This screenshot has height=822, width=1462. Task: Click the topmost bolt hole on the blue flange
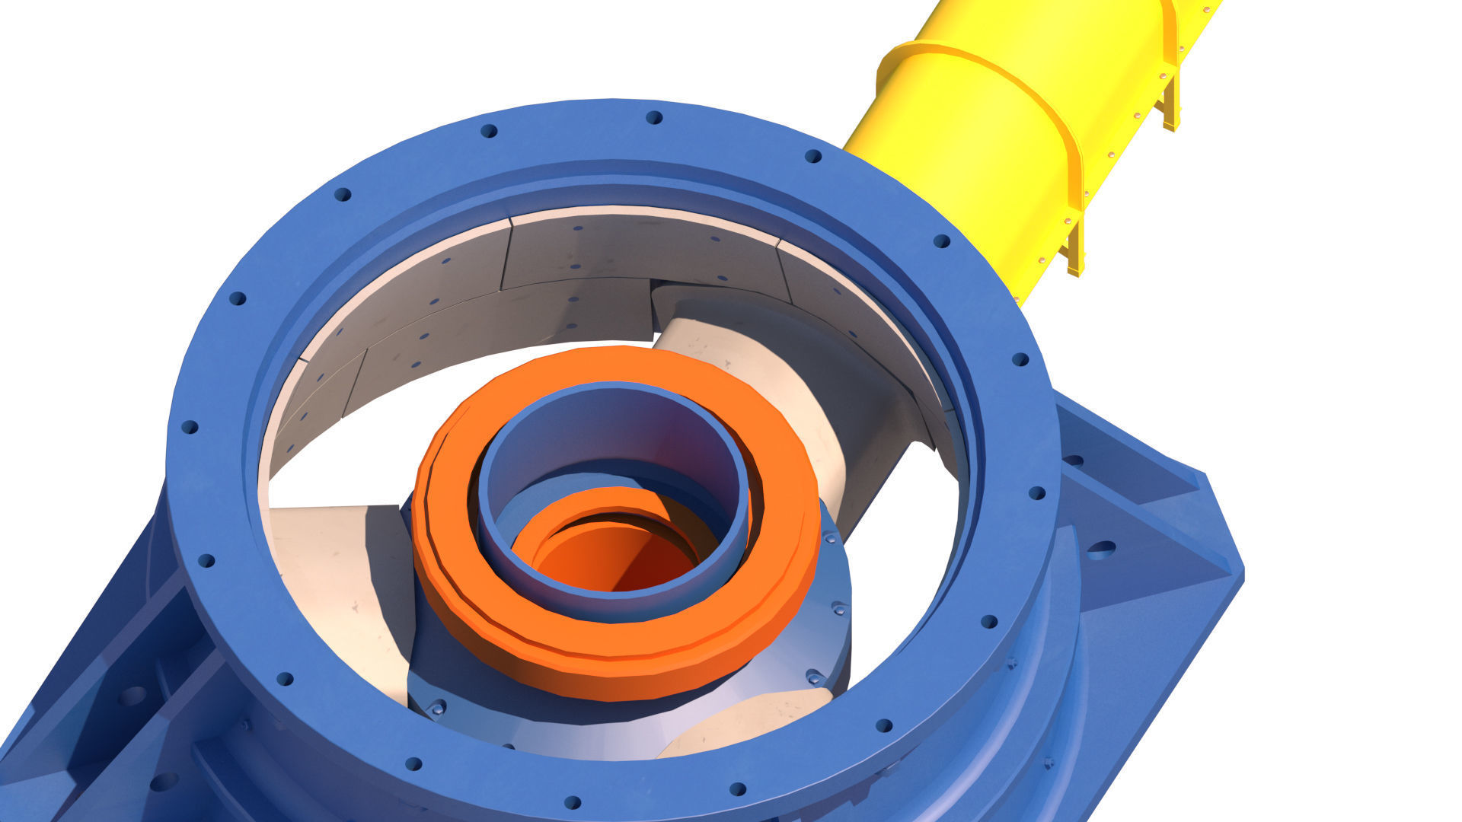pyautogui.click(x=653, y=117)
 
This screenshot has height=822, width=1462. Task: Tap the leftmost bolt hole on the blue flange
pyautogui.click(x=189, y=426)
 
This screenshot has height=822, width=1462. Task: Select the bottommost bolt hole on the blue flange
pyautogui.click(x=573, y=802)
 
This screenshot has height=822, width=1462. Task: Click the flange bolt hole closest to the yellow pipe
pyautogui.click(x=941, y=241)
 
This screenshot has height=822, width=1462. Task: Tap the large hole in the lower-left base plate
pyautogui.click(x=132, y=696)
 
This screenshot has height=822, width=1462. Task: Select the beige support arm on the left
pyautogui.click(x=343, y=578)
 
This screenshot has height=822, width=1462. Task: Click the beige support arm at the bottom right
pyautogui.click(x=746, y=723)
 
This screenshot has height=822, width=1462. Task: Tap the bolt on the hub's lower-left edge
pyautogui.click(x=438, y=709)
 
